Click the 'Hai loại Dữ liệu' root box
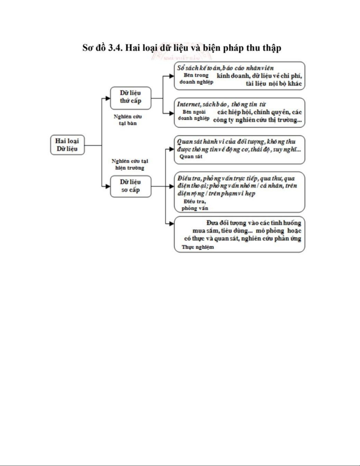[67, 145]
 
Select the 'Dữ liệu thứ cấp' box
[130, 97]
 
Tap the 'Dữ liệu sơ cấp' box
[130, 186]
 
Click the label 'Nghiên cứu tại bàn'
[128, 120]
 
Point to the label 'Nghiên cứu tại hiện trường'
[130, 165]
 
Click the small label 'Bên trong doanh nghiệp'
[196, 78]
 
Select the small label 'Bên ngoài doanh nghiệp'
[194, 115]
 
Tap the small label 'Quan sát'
[191, 157]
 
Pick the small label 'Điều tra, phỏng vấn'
[195, 205]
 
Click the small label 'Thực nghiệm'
[197, 247]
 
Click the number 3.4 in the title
[115, 48]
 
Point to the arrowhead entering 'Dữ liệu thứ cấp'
[108, 98]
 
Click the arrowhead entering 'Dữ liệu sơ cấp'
[108, 186]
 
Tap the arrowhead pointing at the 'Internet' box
[172, 113]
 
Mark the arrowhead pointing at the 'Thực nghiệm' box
[172, 224]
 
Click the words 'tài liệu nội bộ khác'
[274, 84]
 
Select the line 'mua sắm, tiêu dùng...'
[222, 231]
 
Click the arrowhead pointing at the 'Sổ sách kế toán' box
[172, 76]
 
